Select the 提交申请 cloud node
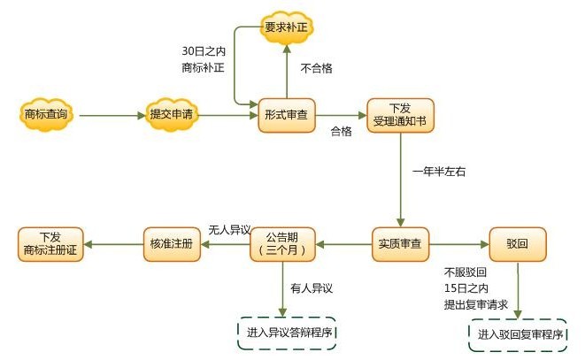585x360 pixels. pyautogui.click(x=172, y=114)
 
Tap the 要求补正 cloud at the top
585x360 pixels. pyautogui.click(x=285, y=27)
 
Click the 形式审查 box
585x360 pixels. pyautogui.click(x=286, y=115)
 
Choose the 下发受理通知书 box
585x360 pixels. pyautogui.click(x=402, y=115)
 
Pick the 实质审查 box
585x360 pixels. pyautogui.click(x=400, y=242)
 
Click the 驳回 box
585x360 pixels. pyautogui.click(x=517, y=242)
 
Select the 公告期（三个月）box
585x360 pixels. pyautogui.click(x=282, y=243)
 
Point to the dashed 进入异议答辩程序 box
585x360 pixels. pyautogui.click(x=289, y=332)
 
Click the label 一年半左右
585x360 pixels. pyautogui.click(x=439, y=172)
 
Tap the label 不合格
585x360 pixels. pyautogui.click(x=317, y=68)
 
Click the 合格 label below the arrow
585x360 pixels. pyautogui.click(x=341, y=132)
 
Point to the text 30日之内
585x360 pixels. pyautogui.click(x=203, y=50)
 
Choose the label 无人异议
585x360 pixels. pyautogui.click(x=228, y=228)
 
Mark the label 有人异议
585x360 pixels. pyautogui.click(x=312, y=287)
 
